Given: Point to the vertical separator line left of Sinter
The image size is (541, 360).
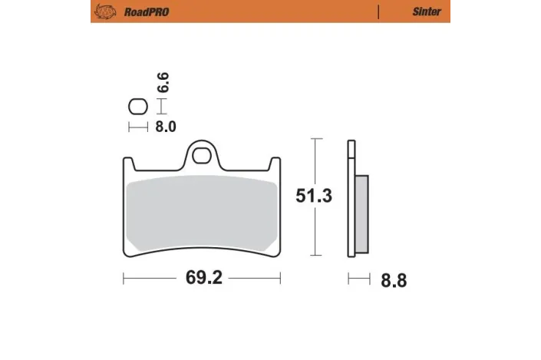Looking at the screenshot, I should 379,12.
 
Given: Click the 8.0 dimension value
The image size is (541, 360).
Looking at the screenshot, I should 166,127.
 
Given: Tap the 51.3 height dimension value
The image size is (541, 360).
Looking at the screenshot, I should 314,197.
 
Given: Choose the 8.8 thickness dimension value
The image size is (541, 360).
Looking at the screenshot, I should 393,280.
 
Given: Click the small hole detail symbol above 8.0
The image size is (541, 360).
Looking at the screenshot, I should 136,107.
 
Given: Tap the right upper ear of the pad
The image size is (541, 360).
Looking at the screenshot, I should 276,163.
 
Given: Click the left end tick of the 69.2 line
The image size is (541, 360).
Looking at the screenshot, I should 124,278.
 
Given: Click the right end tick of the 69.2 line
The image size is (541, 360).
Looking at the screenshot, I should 280,278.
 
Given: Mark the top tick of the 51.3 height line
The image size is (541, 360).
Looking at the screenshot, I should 315,140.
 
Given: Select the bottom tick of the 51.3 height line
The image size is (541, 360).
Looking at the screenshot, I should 315,256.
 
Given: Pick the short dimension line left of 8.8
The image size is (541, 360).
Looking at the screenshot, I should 358,279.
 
